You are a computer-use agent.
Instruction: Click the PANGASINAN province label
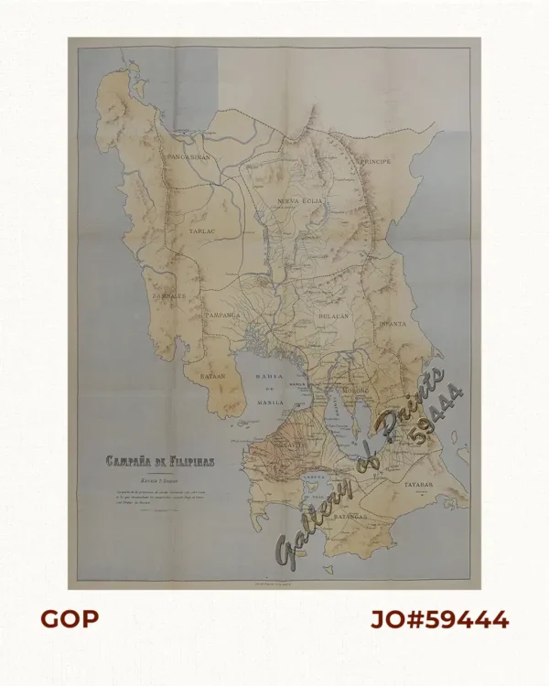189,157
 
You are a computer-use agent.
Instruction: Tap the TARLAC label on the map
201,232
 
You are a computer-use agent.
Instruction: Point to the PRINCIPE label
375,161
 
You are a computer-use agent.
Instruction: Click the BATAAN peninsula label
212,375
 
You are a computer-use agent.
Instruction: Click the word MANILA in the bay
271,402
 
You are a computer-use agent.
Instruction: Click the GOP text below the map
69,619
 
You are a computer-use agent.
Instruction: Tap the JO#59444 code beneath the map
439,619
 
